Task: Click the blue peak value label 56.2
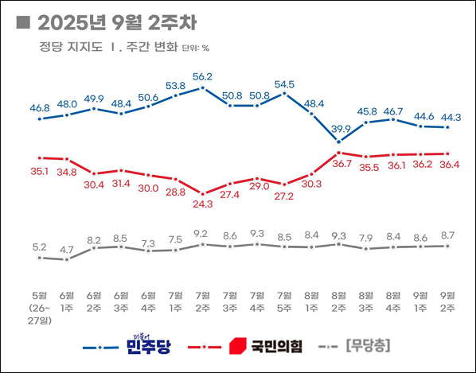203,76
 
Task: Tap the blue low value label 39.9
339,129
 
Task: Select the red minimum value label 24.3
203,204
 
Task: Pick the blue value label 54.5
285,84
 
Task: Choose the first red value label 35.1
40,169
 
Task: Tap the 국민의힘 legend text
276,346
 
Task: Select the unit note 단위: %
196,48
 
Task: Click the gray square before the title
22,21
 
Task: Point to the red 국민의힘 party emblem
237,346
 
